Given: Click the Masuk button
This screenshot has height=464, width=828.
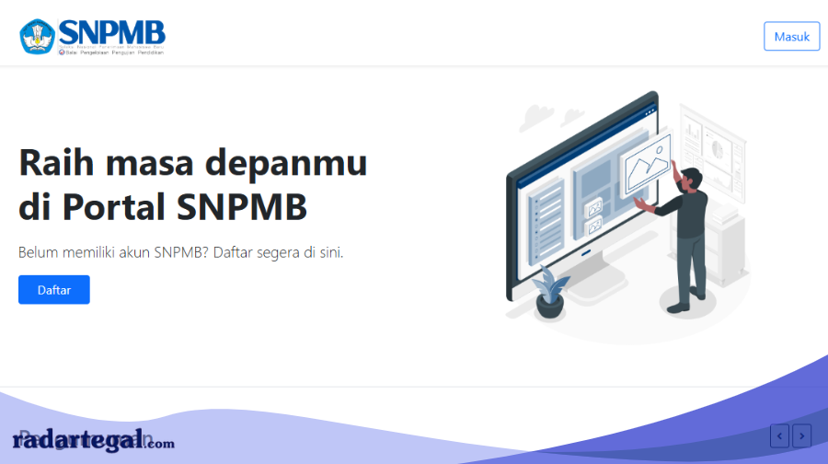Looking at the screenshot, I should [x=791, y=36].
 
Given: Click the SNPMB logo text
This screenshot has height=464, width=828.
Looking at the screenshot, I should [x=112, y=30].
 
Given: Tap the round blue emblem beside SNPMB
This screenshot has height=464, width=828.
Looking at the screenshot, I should [x=38, y=36].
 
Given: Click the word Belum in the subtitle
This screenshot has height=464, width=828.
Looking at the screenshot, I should [x=39, y=252].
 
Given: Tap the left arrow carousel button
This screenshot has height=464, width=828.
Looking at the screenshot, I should [x=780, y=435].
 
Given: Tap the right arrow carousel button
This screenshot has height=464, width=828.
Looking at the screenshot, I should [x=802, y=435].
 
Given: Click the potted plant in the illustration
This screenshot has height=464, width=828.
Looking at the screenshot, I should [x=550, y=293].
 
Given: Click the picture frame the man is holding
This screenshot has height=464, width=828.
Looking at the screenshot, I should [x=648, y=163].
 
